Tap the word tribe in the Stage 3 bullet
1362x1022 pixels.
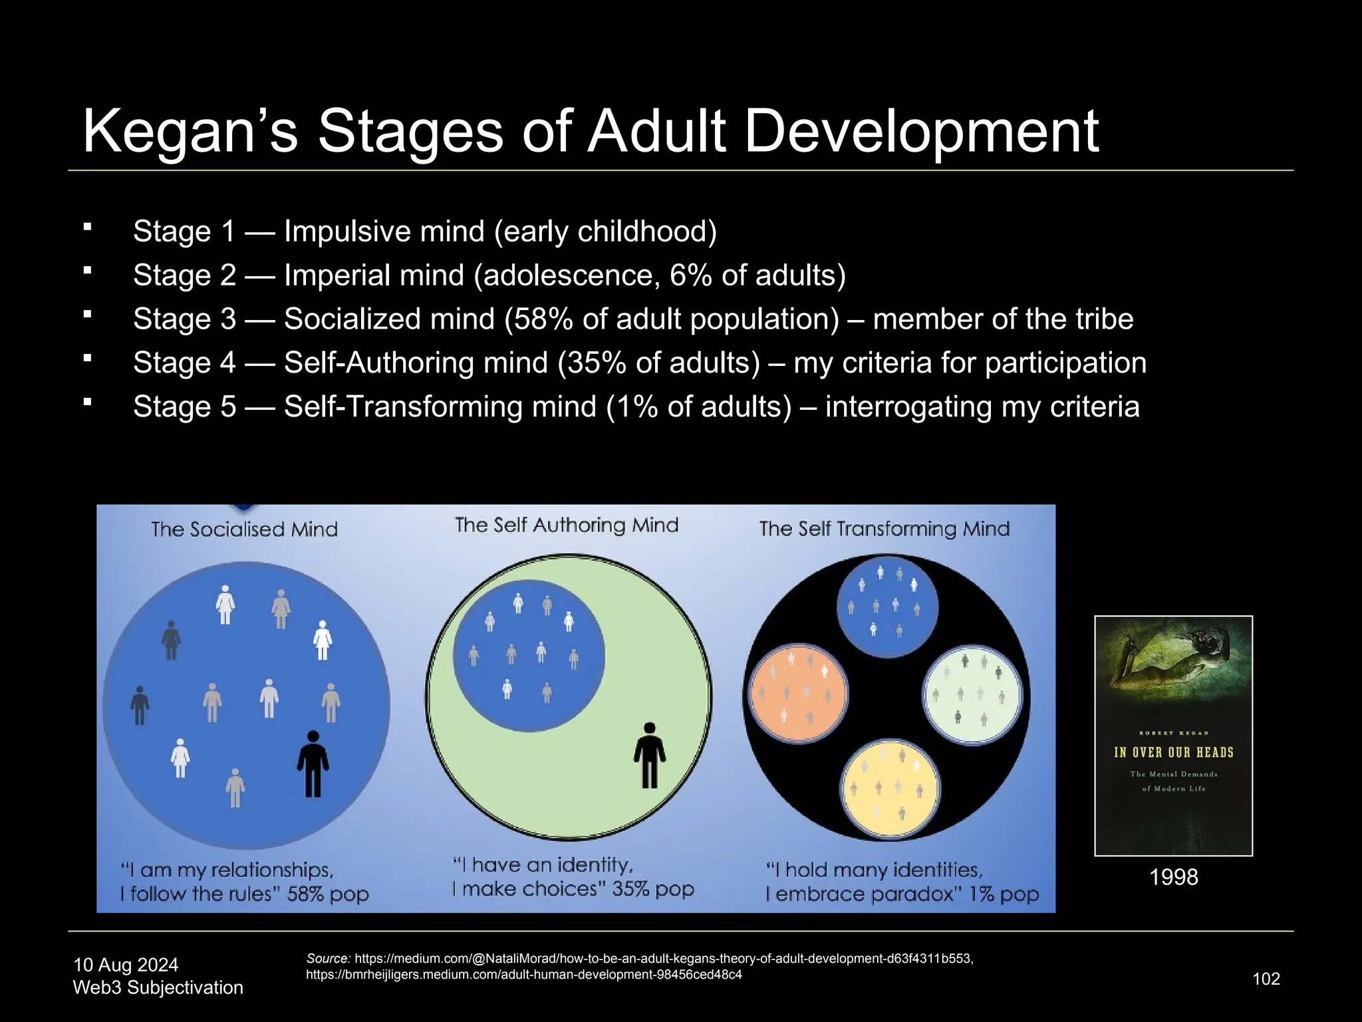click(1099, 319)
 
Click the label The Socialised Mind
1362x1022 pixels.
click(244, 530)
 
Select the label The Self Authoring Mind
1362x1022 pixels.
click(567, 526)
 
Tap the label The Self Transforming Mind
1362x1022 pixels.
click(884, 529)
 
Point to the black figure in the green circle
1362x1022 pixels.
click(649, 755)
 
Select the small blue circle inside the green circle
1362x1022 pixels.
click(529, 655)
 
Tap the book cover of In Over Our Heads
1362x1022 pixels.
click(1173, 735)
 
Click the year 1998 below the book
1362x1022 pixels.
click(1173, 877)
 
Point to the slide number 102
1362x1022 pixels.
click(1266, 979)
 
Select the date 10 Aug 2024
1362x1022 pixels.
click(126, 965)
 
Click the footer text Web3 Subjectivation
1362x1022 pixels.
click(158, 987)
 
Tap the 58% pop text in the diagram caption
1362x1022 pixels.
click(328, 894)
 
